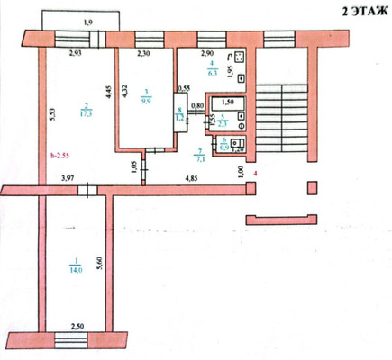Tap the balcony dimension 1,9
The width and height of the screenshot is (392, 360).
87,22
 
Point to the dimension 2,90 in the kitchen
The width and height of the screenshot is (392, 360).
206,56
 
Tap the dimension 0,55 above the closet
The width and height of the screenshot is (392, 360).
183,87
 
